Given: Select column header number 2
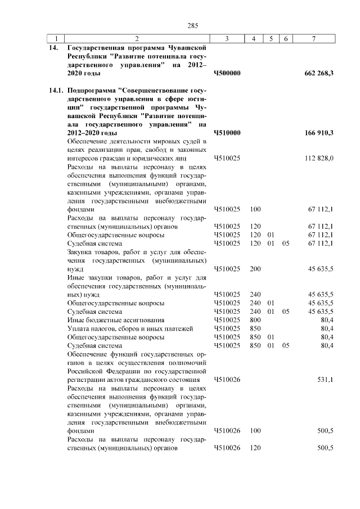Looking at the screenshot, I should [x=137, y=38].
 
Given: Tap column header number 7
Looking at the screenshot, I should [x=313, y=38].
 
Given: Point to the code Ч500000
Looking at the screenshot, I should [x=227, y=73].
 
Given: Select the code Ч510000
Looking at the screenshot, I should [x=227, y=132].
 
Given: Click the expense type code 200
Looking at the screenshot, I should [x=255, y=269].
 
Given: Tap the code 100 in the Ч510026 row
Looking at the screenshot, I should [x=255, y=430].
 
